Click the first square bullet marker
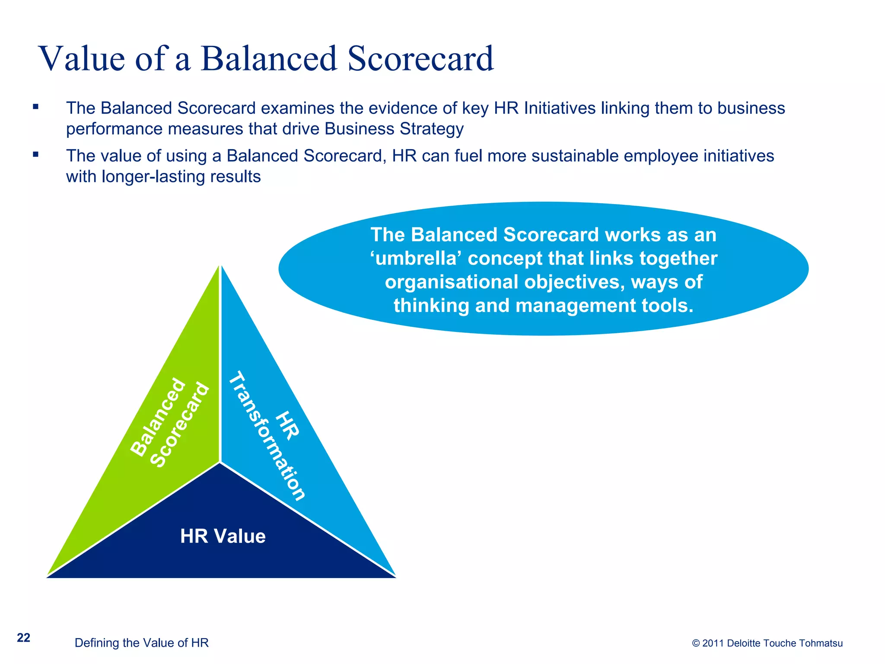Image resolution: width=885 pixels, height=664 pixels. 36,106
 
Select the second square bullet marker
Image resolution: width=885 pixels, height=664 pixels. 36,154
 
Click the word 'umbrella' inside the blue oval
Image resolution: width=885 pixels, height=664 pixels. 416,259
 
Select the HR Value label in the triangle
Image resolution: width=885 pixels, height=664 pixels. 223,536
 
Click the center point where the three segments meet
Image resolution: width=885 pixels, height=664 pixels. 220,463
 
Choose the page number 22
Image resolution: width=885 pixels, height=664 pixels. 23,638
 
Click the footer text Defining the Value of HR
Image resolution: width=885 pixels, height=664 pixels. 141,643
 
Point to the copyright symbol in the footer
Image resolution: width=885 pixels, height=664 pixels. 696,643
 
